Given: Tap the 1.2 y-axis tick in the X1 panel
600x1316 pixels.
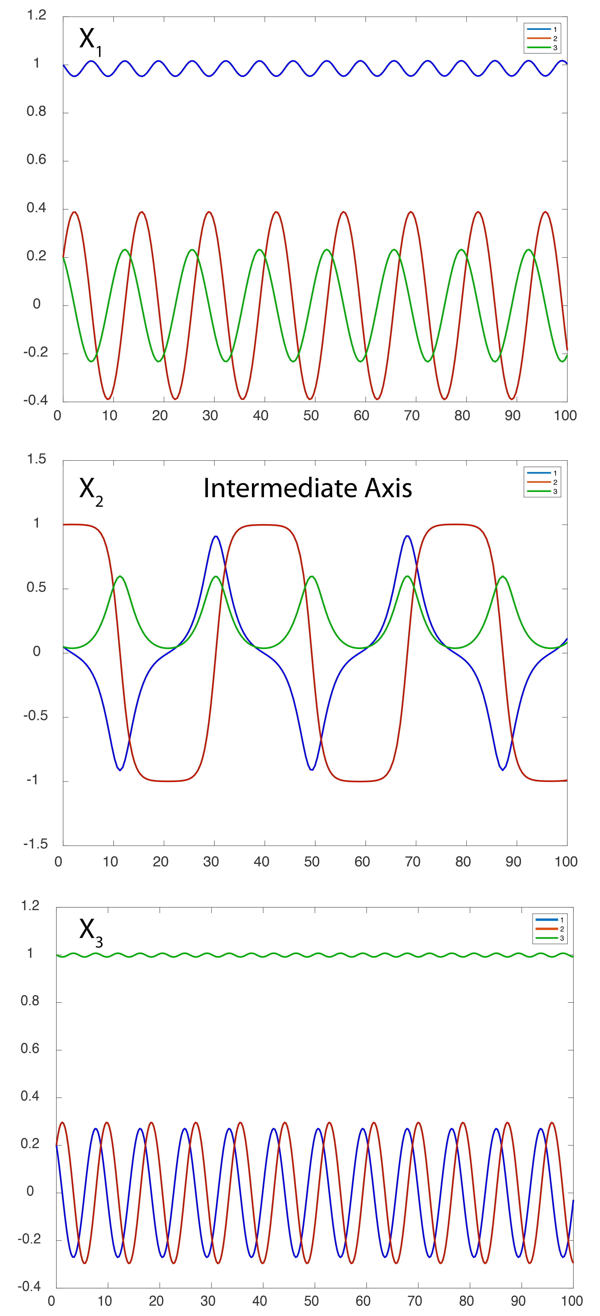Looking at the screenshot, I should [36, 15].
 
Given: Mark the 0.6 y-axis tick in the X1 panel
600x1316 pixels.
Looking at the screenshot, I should [36, 160].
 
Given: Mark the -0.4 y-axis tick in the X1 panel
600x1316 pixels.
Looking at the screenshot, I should [35, 401].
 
